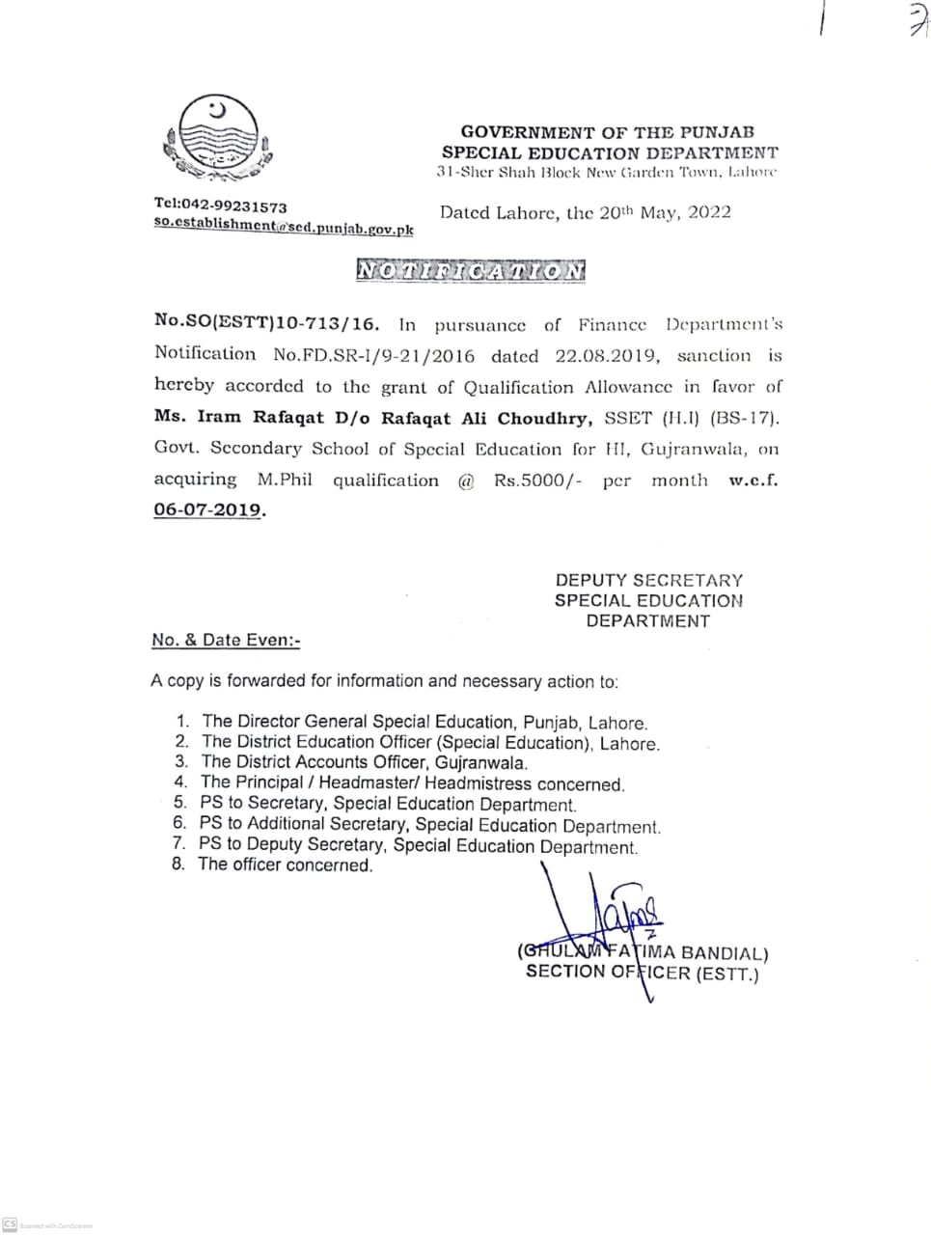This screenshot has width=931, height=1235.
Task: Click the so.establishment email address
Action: pyautogui.click(x=284, y=228)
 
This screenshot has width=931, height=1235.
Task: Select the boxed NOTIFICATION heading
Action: pyautogui.click(x=471, y=271)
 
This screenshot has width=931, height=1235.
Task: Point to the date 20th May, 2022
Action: pyautogui.click(x=665, y=212)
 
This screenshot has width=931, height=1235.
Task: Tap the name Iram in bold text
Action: pyautogui.click(x=219, y=417)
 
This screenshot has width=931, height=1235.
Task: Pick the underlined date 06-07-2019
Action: pyautogui.click(x=207, y=510)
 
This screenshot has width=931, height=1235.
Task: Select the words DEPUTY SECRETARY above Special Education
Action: pyautogui.click(x=648, y=580)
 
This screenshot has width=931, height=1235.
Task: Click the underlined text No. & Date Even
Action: pyautogui.click(x=226, y=640)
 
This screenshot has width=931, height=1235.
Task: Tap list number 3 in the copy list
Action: pyautogui.click(x=181, y=762)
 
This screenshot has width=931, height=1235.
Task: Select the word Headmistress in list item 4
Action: pyautogui.click(x=477, y=783)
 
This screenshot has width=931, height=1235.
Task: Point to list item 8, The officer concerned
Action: pyautogui.click(x=285, y=864)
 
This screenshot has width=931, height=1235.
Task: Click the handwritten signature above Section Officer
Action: pyautogui.click(x=617, y=912)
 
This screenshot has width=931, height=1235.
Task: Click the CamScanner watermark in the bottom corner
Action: pyautogui.click(x=48, y=1224)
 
